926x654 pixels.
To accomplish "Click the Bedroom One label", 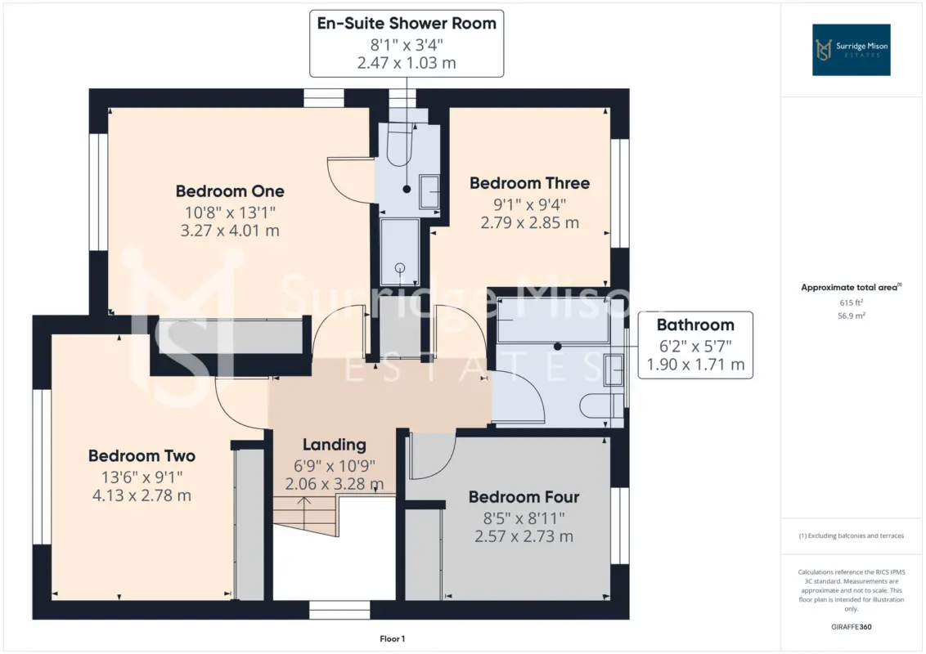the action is coord(230,191).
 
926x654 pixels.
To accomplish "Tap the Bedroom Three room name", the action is coord(530,183).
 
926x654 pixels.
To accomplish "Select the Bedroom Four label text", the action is coord(524,497).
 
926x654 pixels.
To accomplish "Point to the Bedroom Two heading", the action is coord(142,455).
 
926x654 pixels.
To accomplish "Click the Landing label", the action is coord(335,445).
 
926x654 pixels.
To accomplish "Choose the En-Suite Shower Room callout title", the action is coord(407,24).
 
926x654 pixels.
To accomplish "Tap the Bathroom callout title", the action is coord(695,325).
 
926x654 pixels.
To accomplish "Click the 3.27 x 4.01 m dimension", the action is coord(230,231).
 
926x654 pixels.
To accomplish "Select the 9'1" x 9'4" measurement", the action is coord(530,204).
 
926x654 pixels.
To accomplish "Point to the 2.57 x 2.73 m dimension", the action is coord(524,536).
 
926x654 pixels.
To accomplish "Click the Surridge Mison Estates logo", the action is coord(851,50).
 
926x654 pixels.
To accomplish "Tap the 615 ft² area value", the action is coord(851,302).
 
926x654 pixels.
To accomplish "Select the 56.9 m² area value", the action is coord(851,316).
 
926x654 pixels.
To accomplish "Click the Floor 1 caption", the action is coord(392,638).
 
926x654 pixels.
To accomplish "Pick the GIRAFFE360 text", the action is coord(851,627).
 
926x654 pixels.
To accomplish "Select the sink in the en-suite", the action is coord(429,191).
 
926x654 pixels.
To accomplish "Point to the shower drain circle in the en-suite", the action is coord(400,267).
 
